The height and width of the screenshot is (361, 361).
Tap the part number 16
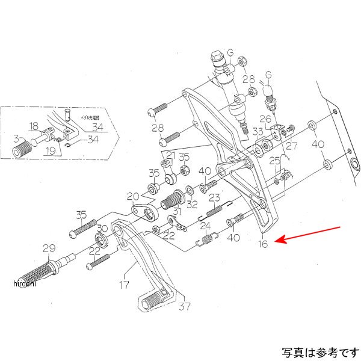[262, 244]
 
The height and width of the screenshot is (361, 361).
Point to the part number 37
[184, 306]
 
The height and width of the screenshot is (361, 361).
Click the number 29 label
[48, 247]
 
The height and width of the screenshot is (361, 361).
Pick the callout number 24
[206, 226]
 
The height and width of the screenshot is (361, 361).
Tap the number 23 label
[214, 198]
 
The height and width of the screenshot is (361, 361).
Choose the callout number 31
[176, 211]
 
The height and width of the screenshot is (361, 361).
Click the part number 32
[192, 205]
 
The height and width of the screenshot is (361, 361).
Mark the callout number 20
[132, 196]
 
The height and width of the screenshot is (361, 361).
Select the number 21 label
[171, 156]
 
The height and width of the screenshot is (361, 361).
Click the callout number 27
[292, 145]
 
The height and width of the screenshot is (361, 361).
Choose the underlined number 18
[33, 126]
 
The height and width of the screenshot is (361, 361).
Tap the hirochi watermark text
[23, 284]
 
